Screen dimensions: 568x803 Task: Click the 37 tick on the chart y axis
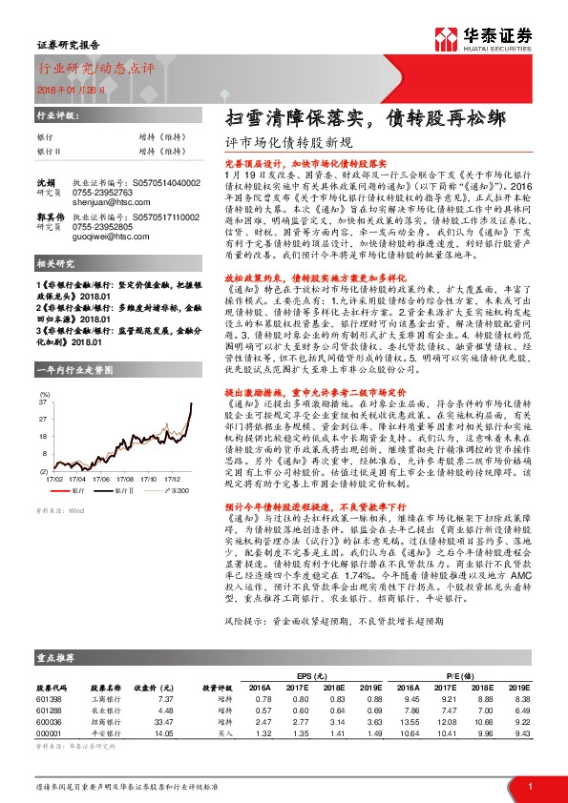click(43, 403)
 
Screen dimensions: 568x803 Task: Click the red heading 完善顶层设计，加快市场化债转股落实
click(299, 164)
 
